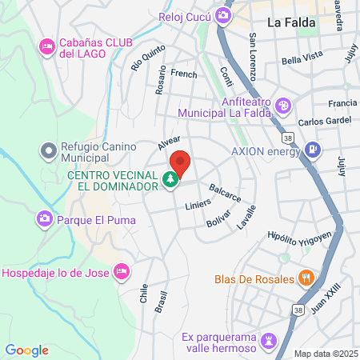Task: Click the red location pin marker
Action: coord(181,164)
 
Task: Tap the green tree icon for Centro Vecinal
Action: coord(170,182)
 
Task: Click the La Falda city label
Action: coord(290,23)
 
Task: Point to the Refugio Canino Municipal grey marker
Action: coord(49,149)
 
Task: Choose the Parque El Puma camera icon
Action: coord(45,217)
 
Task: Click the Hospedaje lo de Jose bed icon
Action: coord(122,272)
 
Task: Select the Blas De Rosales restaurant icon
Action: coord(305,279)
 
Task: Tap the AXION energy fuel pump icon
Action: coord(313,150)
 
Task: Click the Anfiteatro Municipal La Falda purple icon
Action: coord(282,106)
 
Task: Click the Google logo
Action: coord(26,350)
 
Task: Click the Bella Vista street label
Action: coord(302,60)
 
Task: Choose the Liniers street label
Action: coord(198,205)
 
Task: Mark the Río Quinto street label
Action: coord(142,57)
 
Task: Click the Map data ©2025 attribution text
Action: coord(325,354)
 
